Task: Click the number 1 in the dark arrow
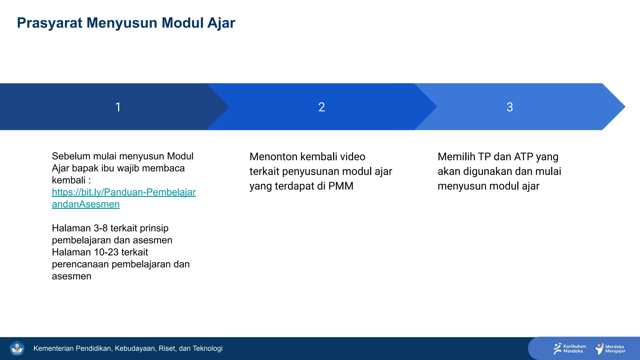118,107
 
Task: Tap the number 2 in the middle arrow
322,107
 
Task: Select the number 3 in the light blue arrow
510,107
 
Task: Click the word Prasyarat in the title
49,23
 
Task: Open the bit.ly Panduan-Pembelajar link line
124,192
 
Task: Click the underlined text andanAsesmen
86,204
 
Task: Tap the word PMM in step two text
341,186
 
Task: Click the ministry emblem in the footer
17,348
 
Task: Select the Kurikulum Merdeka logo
569,348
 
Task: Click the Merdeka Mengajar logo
610,348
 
